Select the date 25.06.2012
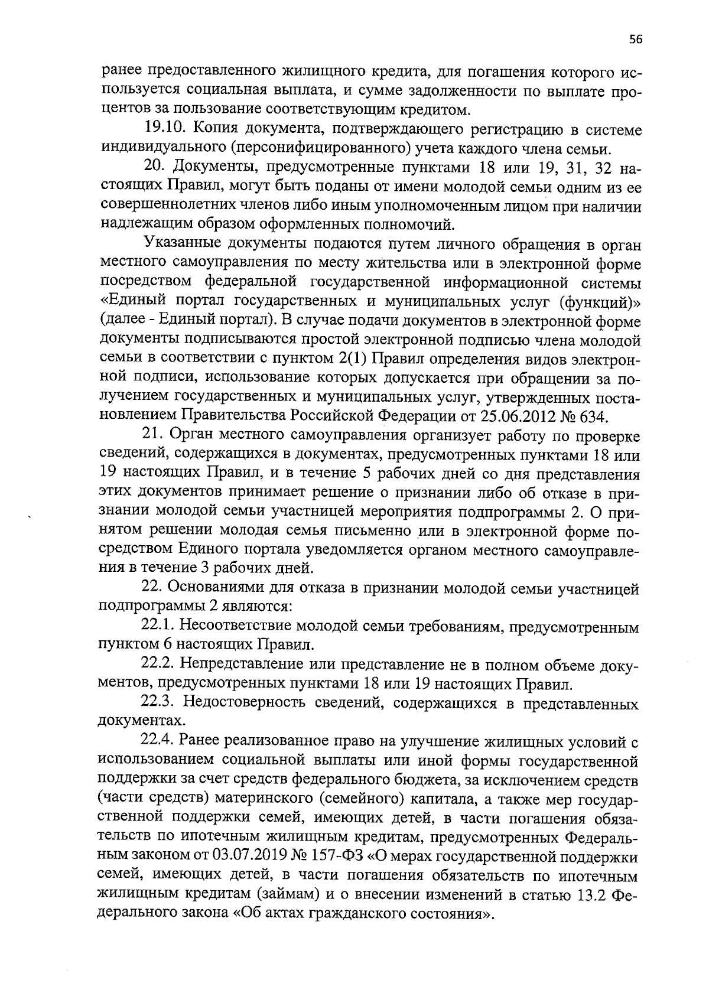pos(515,416)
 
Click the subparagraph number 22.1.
pos(157,626)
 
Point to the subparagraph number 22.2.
pos(157,665)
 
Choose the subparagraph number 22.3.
pos(157,704)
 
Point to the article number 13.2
pos(590,895)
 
